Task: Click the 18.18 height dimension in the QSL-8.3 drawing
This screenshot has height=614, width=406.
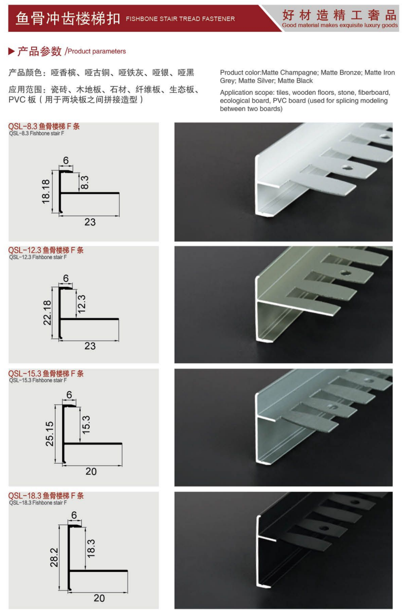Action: click(46, 191)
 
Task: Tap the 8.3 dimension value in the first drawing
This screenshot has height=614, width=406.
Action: click(85, 182)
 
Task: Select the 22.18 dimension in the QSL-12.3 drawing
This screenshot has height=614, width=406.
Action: click(47, 313)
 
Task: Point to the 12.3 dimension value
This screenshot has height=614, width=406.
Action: click(81, 304)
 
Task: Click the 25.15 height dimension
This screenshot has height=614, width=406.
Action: click(50, 434)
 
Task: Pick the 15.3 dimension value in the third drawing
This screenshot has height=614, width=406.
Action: click(86, 425)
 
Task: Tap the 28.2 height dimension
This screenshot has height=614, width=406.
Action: click(54, 557)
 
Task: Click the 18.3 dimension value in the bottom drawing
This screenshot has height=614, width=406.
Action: click(91, 549)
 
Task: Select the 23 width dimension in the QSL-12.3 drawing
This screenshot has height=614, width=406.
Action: click(90, 346)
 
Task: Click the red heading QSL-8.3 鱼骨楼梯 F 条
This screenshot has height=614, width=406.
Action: click(44, 126)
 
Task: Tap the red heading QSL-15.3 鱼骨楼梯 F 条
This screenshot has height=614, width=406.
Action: click(46, 373)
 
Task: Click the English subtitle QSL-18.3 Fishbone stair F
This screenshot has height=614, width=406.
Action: click(38, 502)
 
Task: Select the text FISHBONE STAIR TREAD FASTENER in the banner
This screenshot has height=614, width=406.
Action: click(181, 19)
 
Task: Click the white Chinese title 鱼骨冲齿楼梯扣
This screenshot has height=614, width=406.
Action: click(68, 19)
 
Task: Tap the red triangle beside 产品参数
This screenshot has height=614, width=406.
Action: click(11, 51)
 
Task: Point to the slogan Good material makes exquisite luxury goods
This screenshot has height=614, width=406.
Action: click(340, 25)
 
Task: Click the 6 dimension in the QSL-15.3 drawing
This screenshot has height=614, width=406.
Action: click(69, 394)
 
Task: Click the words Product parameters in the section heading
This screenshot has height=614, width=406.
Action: click(97, 51)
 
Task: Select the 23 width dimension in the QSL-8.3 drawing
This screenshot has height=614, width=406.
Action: click(90, 222)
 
